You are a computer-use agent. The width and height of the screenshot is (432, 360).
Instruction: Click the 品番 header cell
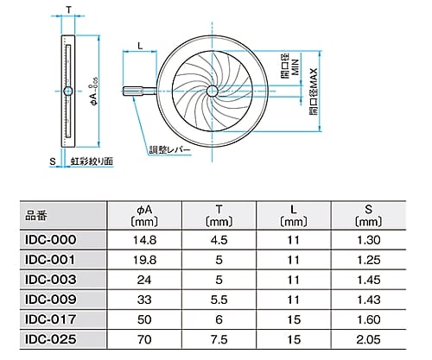coord(39,213)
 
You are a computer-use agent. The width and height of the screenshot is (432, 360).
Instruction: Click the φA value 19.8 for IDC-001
coord(145,259)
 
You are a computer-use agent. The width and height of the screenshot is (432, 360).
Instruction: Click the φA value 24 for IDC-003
coord(145,280)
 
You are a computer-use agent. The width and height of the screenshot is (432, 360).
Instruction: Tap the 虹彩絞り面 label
coord(92,161)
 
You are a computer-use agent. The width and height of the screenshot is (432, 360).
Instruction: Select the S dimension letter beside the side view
coord(52,161)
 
